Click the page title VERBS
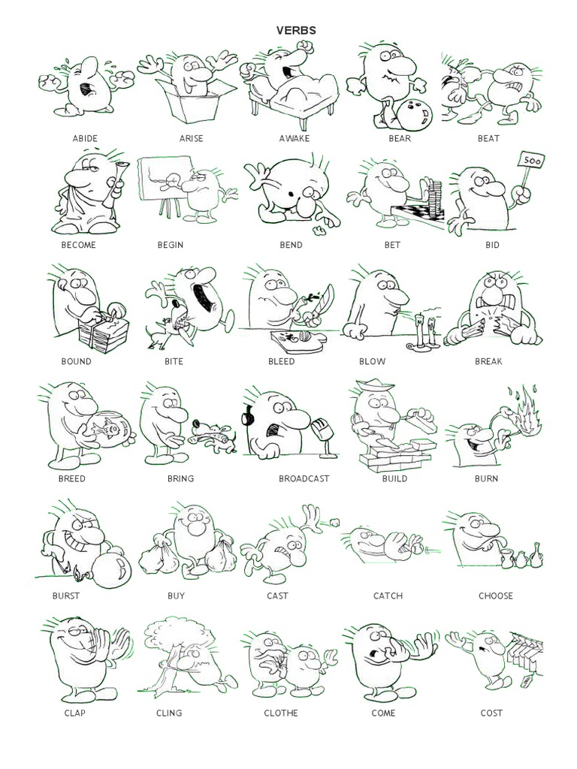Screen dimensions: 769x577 (296, 31)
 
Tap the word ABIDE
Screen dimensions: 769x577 (85, 139)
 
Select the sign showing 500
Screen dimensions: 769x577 (531, 161)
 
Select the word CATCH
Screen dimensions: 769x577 (388, 596)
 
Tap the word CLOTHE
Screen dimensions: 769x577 (280, 713)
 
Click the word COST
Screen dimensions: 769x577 (491, 713)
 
